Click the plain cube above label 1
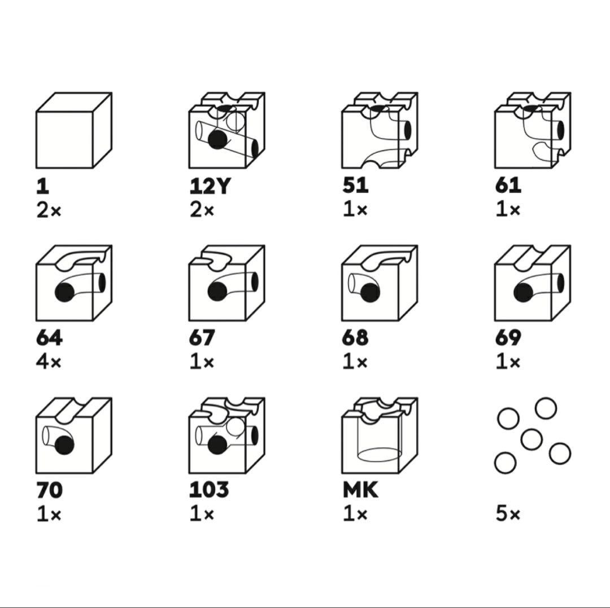(74, 130)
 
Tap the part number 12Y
(210, 186)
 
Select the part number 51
(355, 186)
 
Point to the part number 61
(508, 186)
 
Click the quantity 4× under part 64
(49, 363)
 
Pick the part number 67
(202, 338)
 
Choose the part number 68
(355, 338)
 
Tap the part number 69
(508, 338)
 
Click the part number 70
(49, 490)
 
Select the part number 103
(208, 490)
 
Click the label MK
(360, 490)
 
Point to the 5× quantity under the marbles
(508, 514)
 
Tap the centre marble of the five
(531, 439)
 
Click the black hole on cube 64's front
(64, 292)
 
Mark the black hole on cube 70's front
(64, 445)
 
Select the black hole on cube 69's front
(523, 292)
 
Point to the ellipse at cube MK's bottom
(380, 455)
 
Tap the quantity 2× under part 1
(49, 210)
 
